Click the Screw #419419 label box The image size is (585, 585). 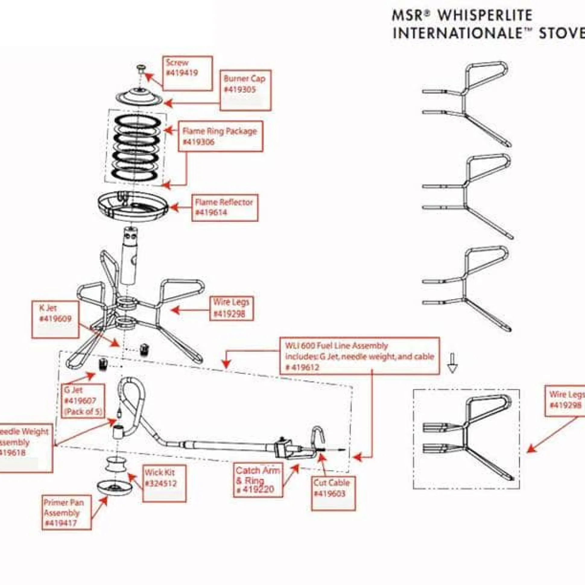coord(188,73)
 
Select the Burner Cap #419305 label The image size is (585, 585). coord(245,90)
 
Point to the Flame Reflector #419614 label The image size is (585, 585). coord(225,207)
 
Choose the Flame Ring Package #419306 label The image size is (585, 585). coord(220,136)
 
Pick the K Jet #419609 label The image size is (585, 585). coord(55,319)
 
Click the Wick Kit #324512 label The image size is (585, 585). coord(164,483)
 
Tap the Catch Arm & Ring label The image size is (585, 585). coord(258,480)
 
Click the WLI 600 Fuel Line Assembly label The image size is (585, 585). coord(359,356)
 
